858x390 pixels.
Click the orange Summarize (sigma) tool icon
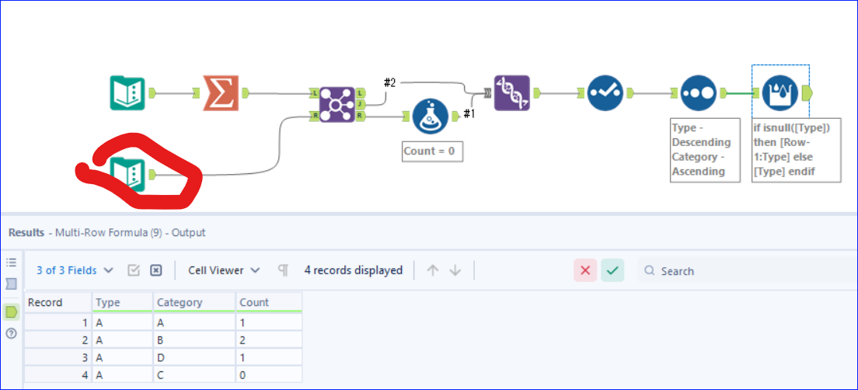(x=221, y=93)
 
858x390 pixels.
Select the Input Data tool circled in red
(x=127, y=173)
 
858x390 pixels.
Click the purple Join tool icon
(x=337, y=104)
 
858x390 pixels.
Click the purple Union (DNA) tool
(x=511, y=93)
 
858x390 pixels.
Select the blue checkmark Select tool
(x=605, y=93)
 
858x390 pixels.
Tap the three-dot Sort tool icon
(x=698, y=93)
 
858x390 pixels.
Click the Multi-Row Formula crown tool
(x=780, y=93)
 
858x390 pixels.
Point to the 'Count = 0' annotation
(x=432, y=151)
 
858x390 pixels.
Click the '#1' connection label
(x=469, y=114)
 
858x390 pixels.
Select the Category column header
(x=180, y=302)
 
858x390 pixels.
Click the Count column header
(x=254, y=302)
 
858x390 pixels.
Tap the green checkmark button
(x=612, y=270)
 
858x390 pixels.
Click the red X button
(x=585, y=270)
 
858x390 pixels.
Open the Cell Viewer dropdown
(x=225, y=270)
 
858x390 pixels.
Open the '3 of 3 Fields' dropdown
(x=75, y=270)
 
